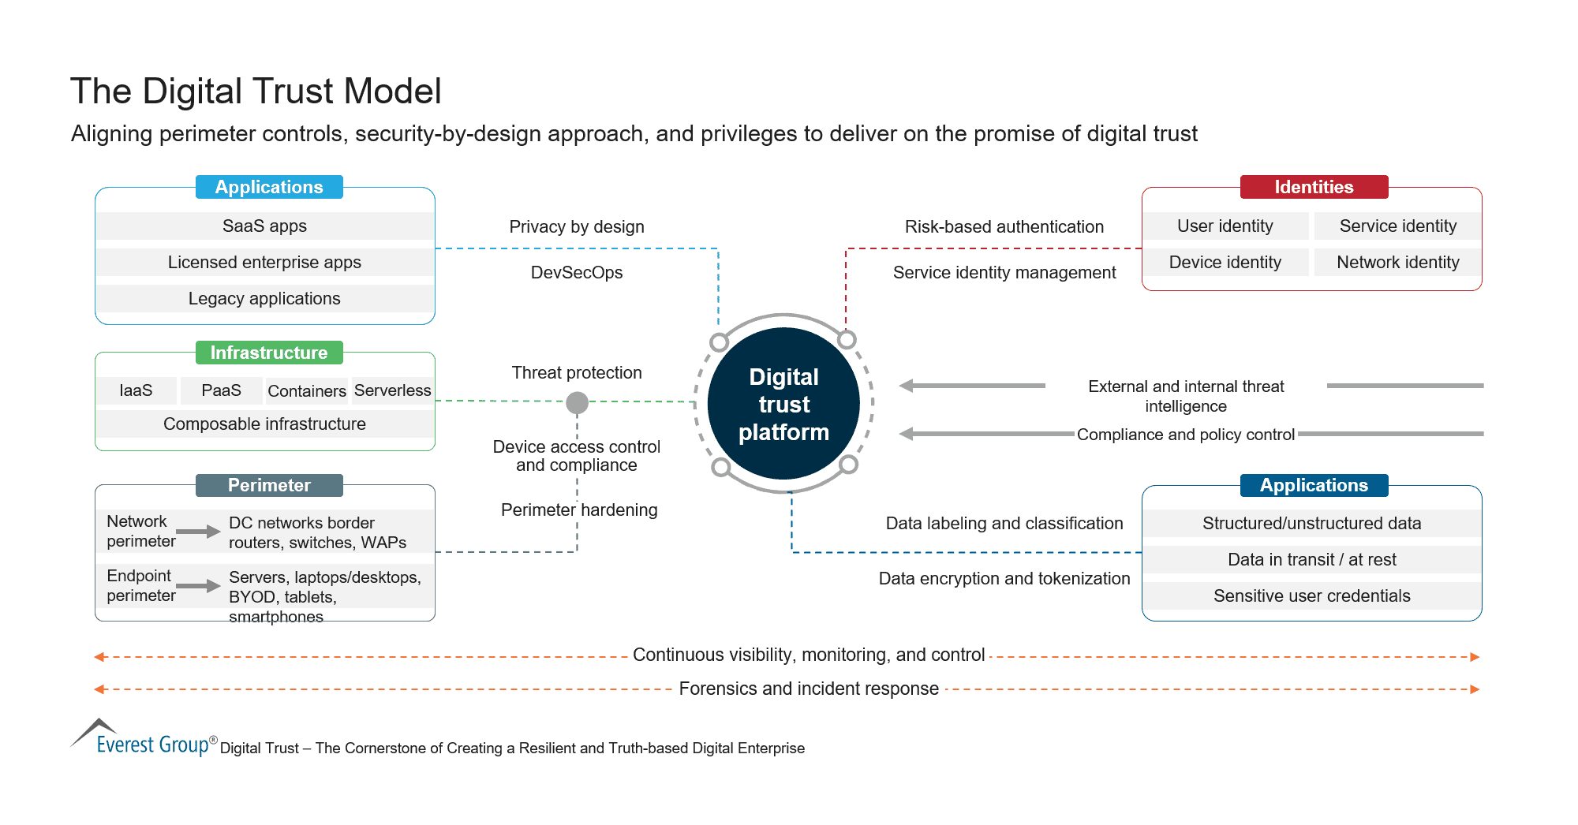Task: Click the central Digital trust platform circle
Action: tap(783, 404)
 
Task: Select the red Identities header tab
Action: tap(1314, 187)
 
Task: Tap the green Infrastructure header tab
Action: tap(269, 353)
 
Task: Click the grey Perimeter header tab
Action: tap(269, 485)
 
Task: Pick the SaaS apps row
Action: tap(264, 226)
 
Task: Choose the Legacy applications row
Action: tap(264, 299)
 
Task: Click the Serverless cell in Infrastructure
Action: tap(392, 390)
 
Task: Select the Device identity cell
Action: tap(1225, 263)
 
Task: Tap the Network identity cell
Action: tap(1397, 263)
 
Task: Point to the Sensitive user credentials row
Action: tap(1311, 596)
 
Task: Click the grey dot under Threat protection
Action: tap(578, 403)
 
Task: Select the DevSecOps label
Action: tap(577, 273)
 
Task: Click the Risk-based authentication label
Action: tap(1004, 227)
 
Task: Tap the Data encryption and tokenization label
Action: tap(1004, 579)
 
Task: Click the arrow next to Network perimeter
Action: tap(198, 532)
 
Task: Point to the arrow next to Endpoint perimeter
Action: tap(198, 586)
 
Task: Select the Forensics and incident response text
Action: tap(809, 689)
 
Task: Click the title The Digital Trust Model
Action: tap(256, 91)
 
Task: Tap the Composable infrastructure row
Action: tap(264, 424)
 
